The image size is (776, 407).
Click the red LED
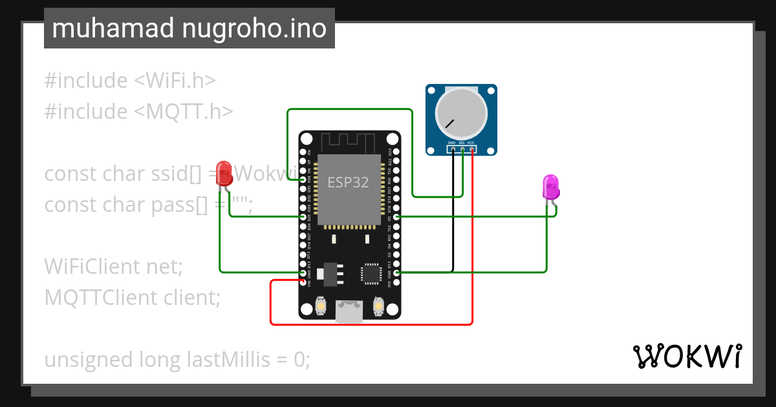click(x=224, y=173)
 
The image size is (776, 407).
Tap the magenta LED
click(x=550, y=186)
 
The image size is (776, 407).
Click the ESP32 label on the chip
click(x=348, y=182)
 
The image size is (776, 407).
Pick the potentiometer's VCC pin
click(x=472, y=150)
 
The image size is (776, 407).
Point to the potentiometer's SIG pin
click(x=462, y=150)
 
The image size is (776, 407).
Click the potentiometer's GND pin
click(x=453, y=150)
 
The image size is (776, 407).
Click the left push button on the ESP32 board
click(x=321, y=306)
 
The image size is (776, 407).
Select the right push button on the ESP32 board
click(x=378, y=306)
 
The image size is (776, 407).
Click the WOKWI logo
click(x=687, y=356)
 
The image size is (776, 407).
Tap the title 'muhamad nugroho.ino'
click(x=189, y=28)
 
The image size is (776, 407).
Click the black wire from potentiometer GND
click(x=453, y=213)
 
